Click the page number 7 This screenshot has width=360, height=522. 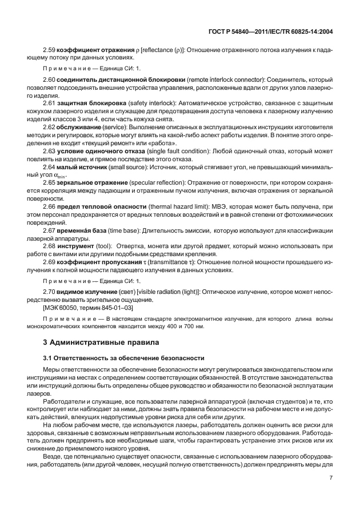pos(331,493)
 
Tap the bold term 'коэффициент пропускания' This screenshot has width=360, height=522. pos(99,261)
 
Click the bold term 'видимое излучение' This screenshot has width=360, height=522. pos(88,291)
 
